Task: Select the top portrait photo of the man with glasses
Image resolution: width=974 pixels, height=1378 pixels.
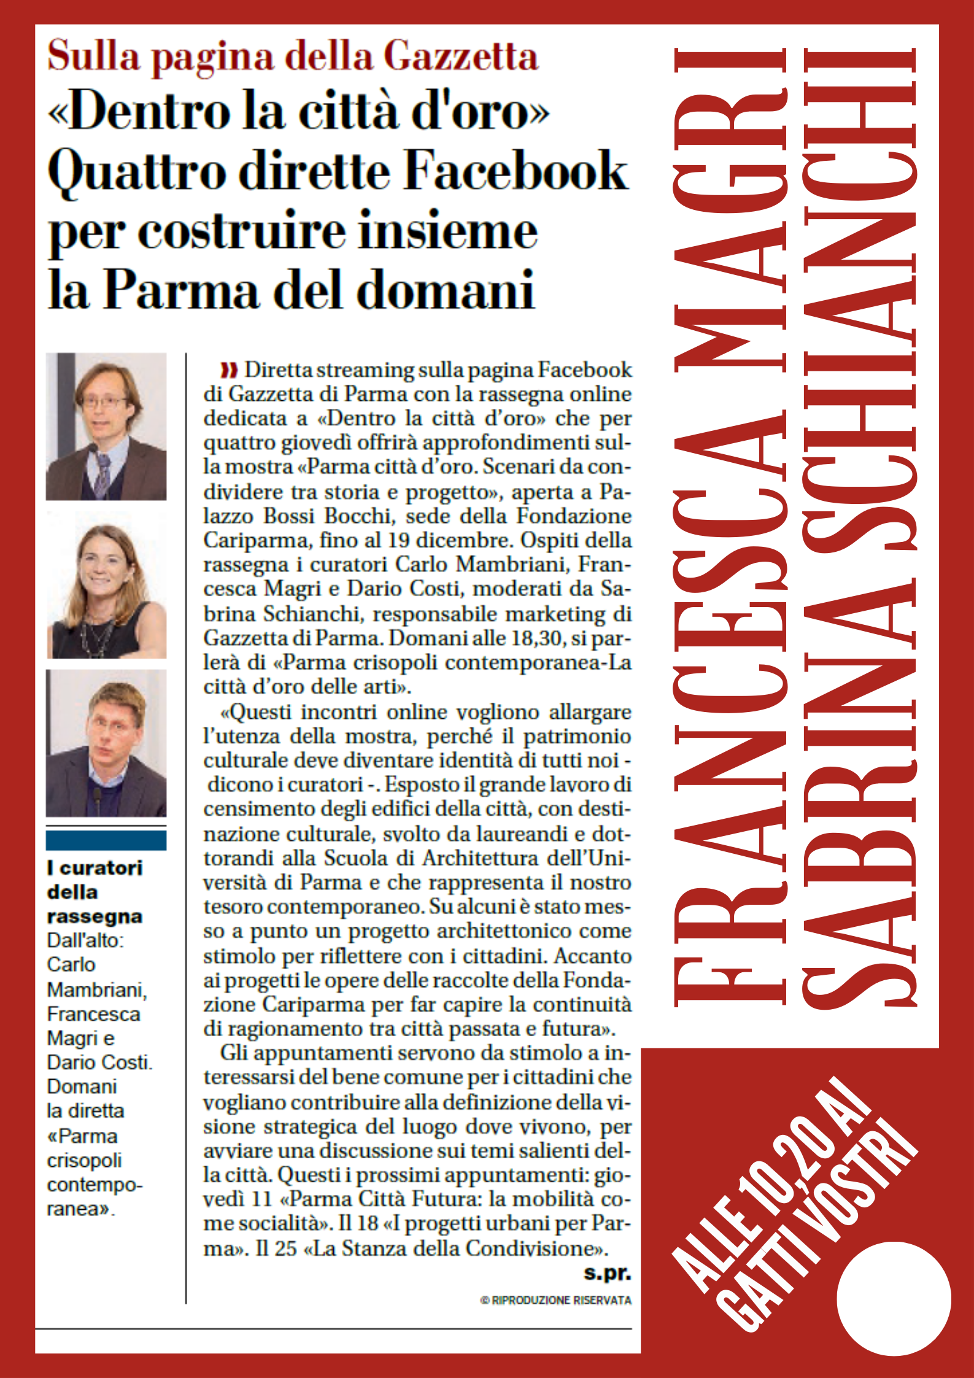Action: (x=106, y=426)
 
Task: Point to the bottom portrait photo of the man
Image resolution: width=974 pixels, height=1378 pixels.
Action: (x=106, y=743)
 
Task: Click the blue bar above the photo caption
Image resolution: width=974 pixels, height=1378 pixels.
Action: (x=106, y=840)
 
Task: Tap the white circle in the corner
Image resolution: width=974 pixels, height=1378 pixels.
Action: (x=894, y=1299)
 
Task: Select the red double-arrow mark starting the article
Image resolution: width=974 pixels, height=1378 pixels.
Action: (x=229, y=370)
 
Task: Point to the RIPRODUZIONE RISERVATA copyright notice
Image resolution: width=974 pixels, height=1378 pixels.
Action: (x=556, y=1300)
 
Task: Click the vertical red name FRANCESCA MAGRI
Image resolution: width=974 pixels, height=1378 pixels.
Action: (x=730, y=528)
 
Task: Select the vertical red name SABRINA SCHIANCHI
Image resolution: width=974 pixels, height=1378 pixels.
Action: (x=859, y=528)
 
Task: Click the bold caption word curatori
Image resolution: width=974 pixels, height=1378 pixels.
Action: (x=101, y=868)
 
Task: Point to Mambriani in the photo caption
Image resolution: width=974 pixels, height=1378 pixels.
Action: (x=96, y=989)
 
